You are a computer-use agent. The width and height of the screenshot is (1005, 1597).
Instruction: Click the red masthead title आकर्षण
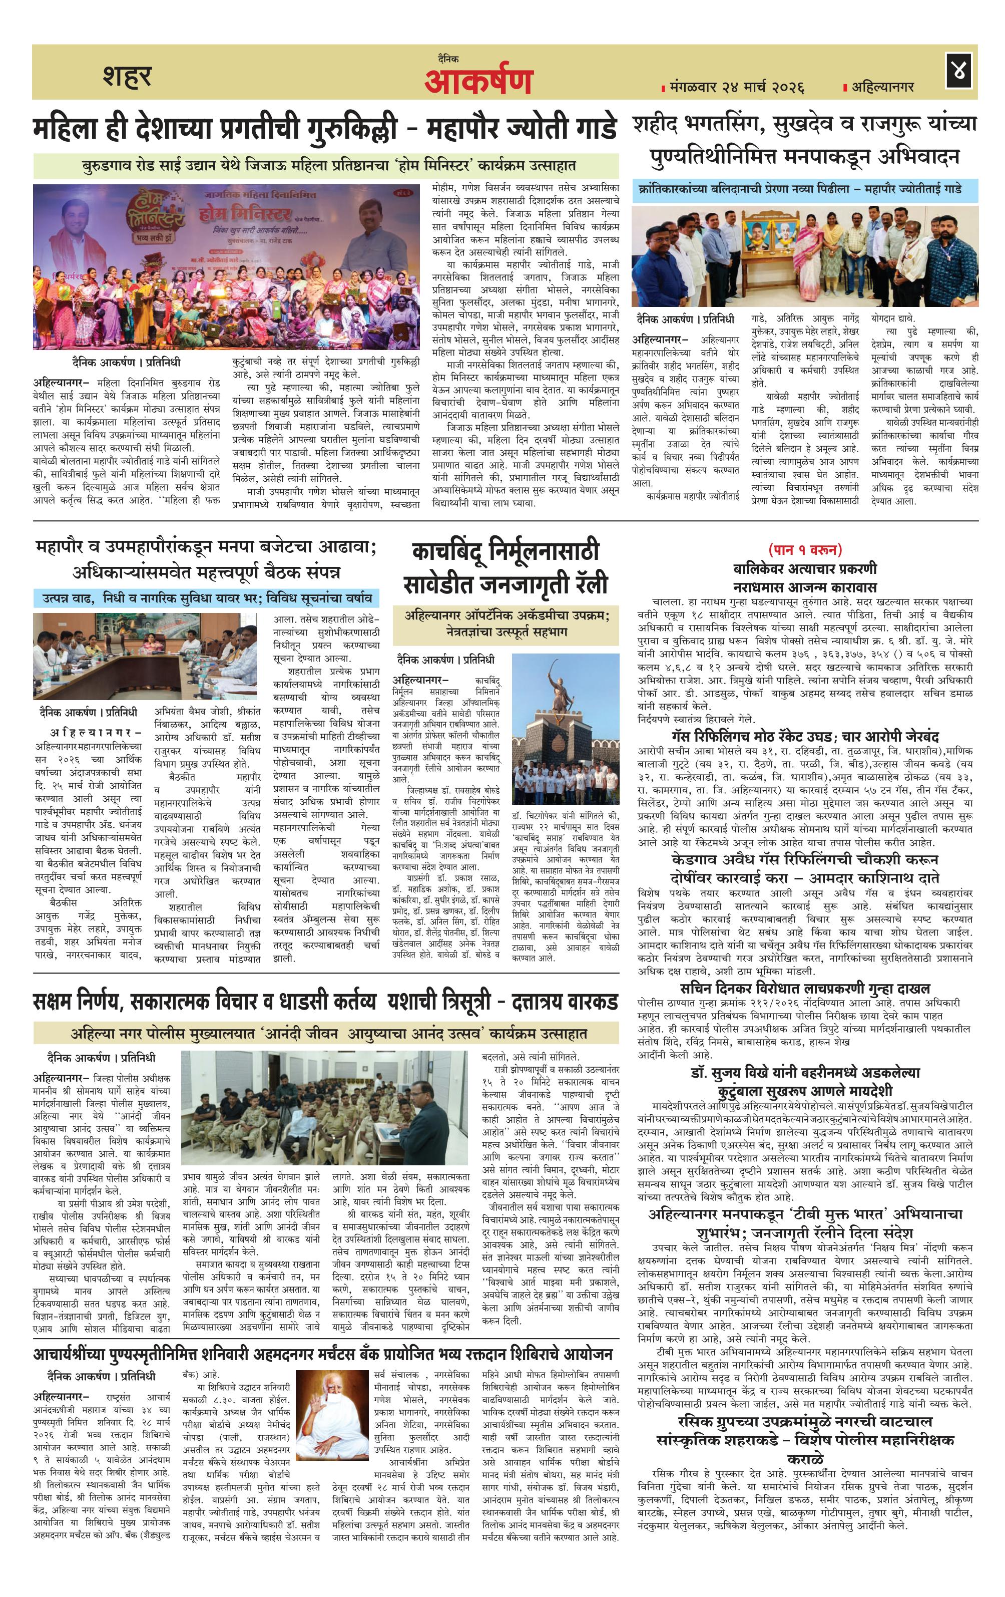[478, 81]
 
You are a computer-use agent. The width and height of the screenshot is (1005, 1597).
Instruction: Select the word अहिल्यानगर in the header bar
[882, 87]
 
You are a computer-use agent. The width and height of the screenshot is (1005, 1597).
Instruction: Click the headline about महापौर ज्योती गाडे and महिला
[325, 129]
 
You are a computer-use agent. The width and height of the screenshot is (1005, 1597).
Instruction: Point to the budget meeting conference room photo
[145, 655]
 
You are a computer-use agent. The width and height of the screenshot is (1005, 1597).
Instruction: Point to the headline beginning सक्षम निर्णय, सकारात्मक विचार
[325, 1002]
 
